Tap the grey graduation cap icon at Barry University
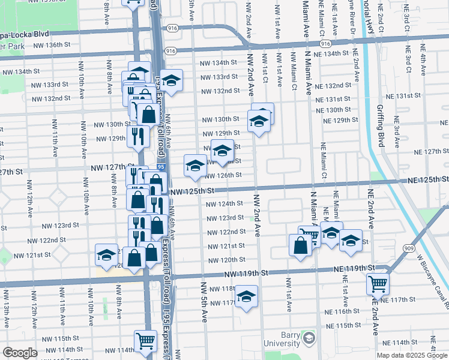tap(309, 338)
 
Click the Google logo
tap(20, 353)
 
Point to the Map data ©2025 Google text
tap(411, 355)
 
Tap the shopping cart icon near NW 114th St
tap(146, 341)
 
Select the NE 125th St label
tap(427, 179)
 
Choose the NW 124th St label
tap(225, 204)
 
